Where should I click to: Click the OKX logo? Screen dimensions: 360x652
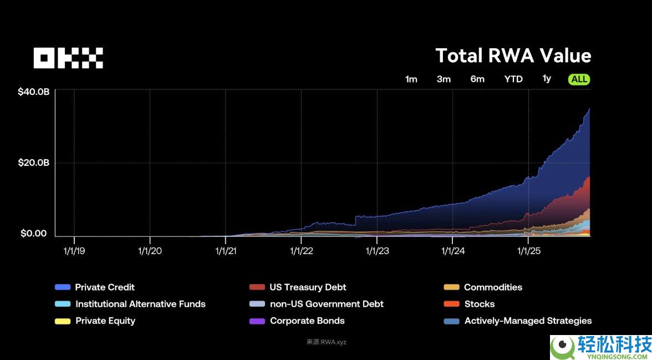pos(68,58)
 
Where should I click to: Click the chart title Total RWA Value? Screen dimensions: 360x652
pos(513,55)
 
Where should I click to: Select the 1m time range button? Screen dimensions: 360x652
pos(411,79)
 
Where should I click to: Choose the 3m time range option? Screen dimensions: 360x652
pos(444,79)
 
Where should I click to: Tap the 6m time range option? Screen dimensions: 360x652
pos(477,79)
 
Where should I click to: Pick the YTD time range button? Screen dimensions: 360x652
pos(513,79)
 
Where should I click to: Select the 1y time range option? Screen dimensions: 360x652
pos(547,79)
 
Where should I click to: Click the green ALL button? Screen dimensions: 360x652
pos(579,79)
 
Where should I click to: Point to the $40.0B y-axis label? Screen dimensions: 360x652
pos(33,92)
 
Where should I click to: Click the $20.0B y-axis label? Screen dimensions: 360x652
pos(33,163)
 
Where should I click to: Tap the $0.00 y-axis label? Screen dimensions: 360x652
pos(34,234)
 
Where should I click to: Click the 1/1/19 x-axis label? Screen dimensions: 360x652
pos(74,251)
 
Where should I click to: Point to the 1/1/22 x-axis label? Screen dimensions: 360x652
pos(301,251)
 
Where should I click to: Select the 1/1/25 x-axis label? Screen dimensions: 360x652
pos(528,251)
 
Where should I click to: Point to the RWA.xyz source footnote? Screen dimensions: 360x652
pos(326,342)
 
